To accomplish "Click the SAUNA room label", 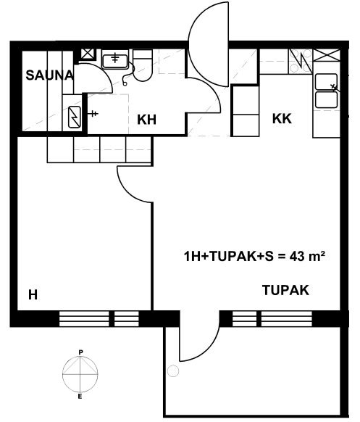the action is [x=49, y=75].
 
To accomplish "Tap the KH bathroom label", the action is [x=146, y=120].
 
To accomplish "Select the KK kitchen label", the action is [x=282, y=118].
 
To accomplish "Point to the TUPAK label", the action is [x=285, y=290].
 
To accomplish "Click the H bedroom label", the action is [x=33, y=295].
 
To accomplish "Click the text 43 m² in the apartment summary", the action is [x=307, y=256].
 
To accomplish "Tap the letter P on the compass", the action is [x=80, y=352].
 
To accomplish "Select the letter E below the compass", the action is [x=80, y=397].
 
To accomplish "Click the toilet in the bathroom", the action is [x=143, y=65].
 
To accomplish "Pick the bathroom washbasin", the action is [x=115, y=61].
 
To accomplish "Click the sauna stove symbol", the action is [x=74, y=117].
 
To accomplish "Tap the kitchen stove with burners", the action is [x=301, y=62].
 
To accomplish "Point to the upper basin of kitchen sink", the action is [x=326, y=82].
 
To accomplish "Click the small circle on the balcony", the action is [x=173, y=371].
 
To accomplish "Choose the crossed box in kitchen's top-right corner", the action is [x=327, y=55].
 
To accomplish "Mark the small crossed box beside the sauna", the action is [x=88, y=54].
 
